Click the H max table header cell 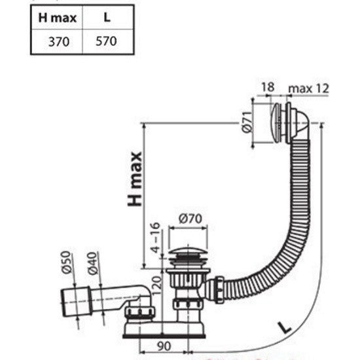(x=57, y=18)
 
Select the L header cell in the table (x=107, y=17)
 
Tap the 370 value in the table (x=59, y=42)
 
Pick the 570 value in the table (x=106, y=41)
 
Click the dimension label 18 (x=268, y=87)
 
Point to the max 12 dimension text (x=308, y=88)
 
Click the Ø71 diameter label (x=247, y=122)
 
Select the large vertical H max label (x=135, y=179)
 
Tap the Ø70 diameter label (x=190, y=219)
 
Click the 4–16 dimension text (x=155, y=238)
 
